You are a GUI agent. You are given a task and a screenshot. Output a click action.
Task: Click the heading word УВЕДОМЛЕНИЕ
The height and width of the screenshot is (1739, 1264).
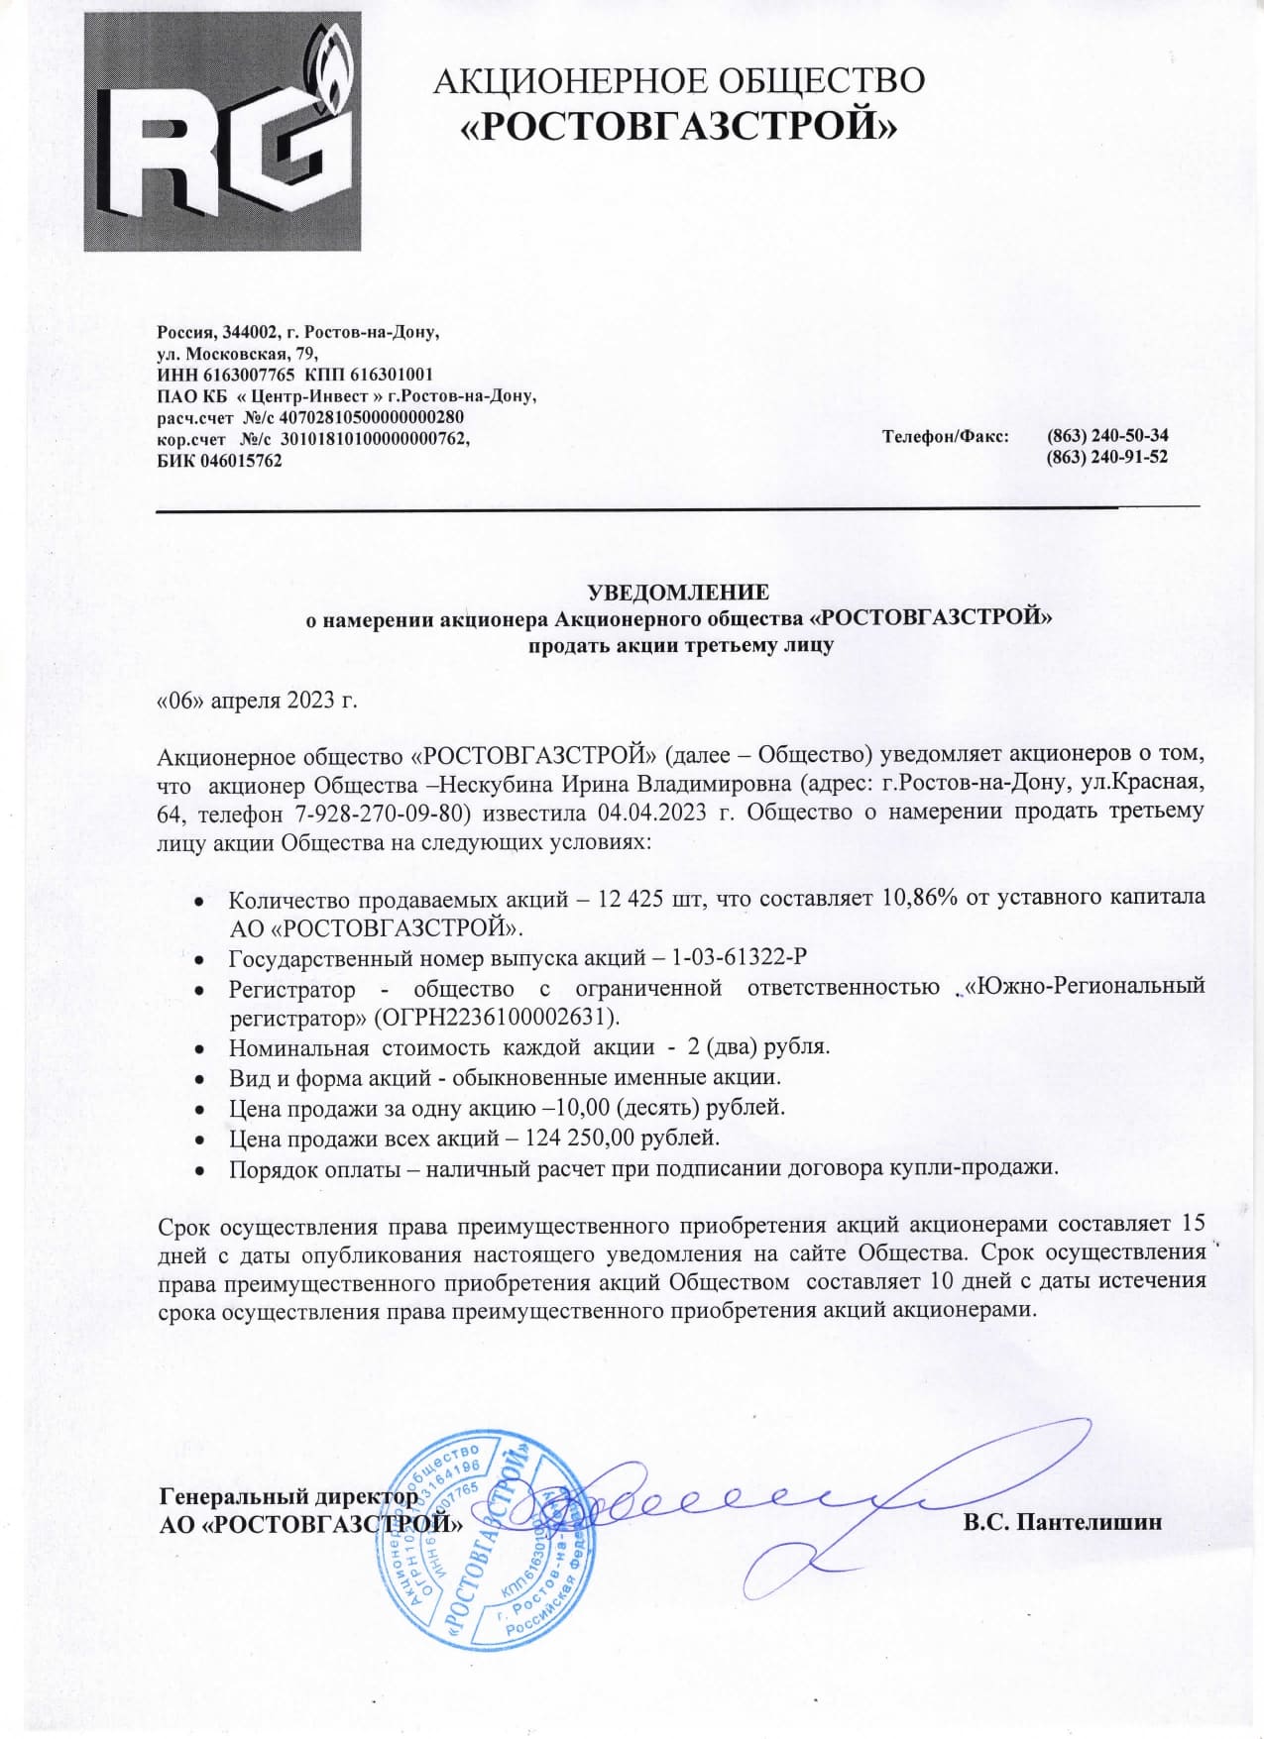click(678, 593)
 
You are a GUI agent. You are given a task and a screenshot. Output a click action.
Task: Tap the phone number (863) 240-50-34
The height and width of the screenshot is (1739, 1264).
click(1107, 436)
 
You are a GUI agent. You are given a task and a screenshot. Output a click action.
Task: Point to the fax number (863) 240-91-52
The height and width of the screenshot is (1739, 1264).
click(1107, 457)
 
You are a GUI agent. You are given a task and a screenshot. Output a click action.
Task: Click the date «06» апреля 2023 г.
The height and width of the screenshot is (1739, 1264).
click(257, 700)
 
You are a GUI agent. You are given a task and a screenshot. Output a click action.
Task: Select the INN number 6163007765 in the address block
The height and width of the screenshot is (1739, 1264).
click(249, 375)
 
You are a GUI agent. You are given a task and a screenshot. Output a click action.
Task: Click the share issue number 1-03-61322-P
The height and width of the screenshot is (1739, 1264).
click(739, 957)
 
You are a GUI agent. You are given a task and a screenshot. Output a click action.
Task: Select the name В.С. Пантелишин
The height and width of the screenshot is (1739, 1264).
click(1062, 1522)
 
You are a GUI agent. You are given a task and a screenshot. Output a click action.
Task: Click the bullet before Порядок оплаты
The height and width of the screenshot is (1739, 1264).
click(199, 1170)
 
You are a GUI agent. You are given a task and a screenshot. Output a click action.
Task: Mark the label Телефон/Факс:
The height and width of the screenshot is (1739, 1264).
click(945, 436)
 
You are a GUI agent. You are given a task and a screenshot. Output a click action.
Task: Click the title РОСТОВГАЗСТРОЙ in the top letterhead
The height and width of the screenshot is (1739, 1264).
click(681, 126)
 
